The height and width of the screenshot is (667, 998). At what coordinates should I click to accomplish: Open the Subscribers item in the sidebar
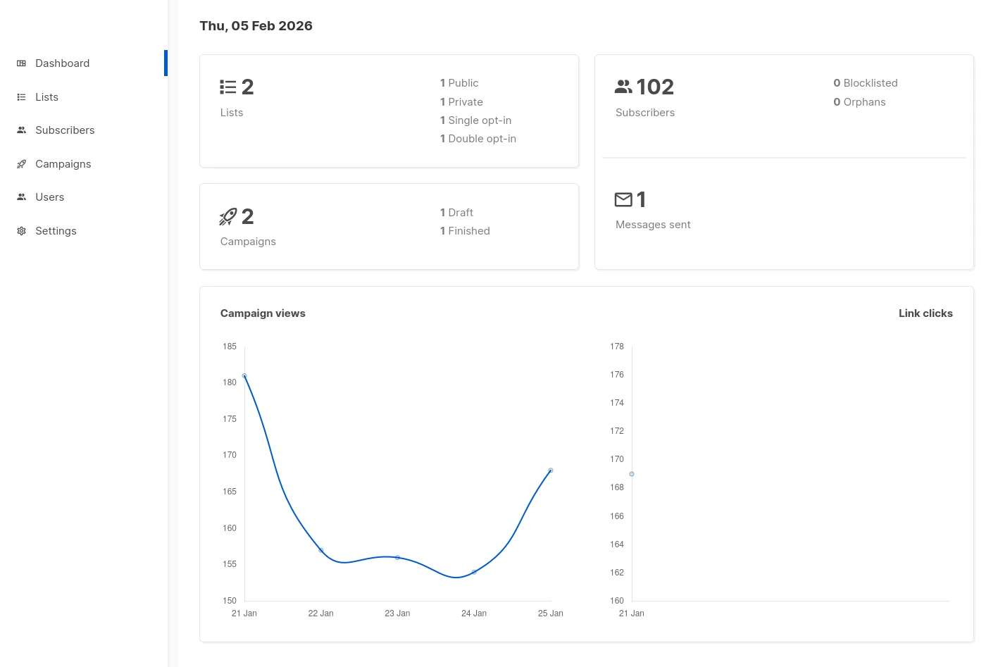64,130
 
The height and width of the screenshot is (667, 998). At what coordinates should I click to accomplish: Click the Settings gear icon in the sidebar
21,231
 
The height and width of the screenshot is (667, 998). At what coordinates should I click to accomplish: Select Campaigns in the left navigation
63,164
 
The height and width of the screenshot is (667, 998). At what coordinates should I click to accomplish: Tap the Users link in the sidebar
49,197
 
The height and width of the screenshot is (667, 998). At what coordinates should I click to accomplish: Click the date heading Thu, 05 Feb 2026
256,26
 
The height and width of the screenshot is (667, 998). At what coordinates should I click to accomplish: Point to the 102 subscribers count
654,87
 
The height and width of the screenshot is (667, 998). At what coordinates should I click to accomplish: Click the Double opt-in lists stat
478,139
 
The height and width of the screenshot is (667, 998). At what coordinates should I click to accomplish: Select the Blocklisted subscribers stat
865,83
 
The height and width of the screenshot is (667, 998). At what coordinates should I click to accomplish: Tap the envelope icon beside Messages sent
623,200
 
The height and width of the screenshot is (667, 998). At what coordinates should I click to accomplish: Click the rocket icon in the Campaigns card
228,217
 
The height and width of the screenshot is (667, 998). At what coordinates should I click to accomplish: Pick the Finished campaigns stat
465,231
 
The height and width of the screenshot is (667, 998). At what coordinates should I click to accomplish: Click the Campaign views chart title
263,313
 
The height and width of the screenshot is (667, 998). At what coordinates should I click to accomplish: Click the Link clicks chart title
925,313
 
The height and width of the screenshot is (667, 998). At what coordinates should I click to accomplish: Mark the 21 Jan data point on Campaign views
244,376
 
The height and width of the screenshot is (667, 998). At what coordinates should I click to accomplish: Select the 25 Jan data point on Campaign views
551,470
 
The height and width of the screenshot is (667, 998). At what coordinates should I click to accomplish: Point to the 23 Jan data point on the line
398,558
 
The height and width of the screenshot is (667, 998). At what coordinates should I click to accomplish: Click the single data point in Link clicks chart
632,474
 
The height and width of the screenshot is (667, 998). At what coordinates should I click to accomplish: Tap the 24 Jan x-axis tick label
474,613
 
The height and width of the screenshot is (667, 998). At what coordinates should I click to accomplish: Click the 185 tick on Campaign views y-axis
230,347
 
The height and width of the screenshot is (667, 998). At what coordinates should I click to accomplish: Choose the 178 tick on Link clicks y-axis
617,347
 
